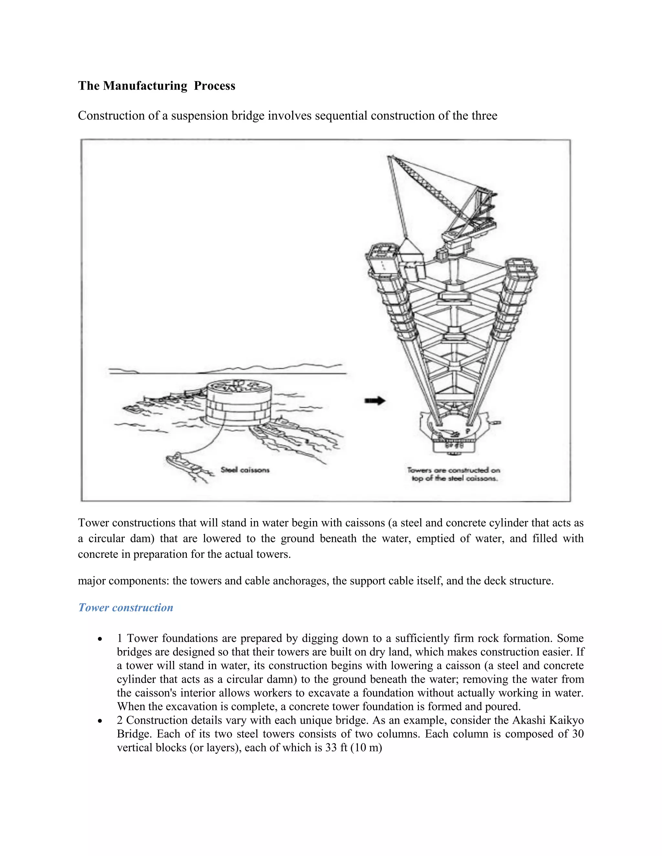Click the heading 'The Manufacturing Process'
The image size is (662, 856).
tap(156, 86)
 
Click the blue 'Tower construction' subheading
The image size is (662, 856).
tap(125, 608)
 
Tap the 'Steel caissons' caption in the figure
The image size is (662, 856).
tap(245, 470)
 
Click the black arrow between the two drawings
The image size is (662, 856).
tap(375, 401)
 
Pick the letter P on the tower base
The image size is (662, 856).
tap(467, 431)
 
